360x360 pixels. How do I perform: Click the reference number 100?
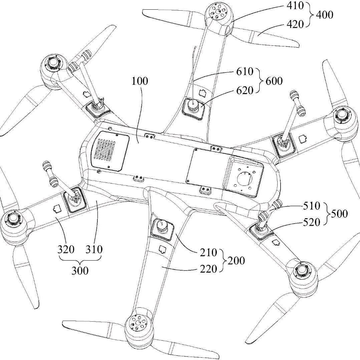140,81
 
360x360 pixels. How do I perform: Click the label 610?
244,71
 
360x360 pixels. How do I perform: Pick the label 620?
244,90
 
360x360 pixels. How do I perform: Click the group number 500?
340,214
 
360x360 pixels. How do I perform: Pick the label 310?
93,249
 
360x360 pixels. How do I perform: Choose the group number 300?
80,270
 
